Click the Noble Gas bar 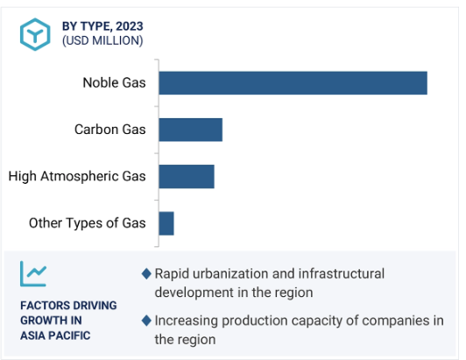pos(293,83)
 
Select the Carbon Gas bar pos(190,130)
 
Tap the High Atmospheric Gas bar pos(187,177)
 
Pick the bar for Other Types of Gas pos(166,223)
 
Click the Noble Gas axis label pos(114,82)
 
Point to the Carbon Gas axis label pos(110,130)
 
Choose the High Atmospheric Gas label pos(77,176)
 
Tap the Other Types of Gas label pos(87,223)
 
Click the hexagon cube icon pos(35,34)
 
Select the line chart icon pos(33,274)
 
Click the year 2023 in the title pos(130,26)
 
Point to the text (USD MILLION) pos(102,40)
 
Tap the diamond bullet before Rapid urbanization pos(146,274)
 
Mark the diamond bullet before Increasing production pos(146,321)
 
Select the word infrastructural pos(342,274)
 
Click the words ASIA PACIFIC pos(55,335)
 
